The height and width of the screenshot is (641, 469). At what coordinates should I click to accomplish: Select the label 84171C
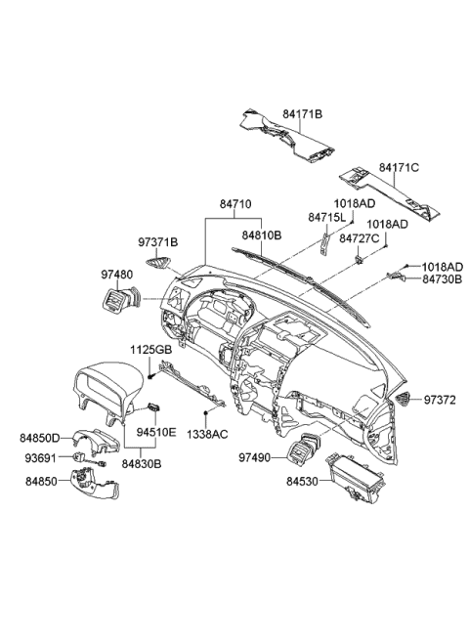pyautogui.click(x=399, y=168)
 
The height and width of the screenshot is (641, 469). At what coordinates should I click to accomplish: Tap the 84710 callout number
pyautogui.click(x=234, y=204)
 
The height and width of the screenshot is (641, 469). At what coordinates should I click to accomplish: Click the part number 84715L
pyautogui.click(x=326, y=217)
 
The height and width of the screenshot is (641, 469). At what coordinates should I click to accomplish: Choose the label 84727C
pyautogui.click(x=359, y=238)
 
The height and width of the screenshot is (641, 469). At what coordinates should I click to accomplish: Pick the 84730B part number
pyautogui.click(x=442, y=278)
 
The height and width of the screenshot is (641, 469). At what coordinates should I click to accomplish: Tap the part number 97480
pyautogui.click(x=115, y=276)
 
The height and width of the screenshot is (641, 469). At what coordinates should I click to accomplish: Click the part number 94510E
pyautogui.click(x=153, y=427)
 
